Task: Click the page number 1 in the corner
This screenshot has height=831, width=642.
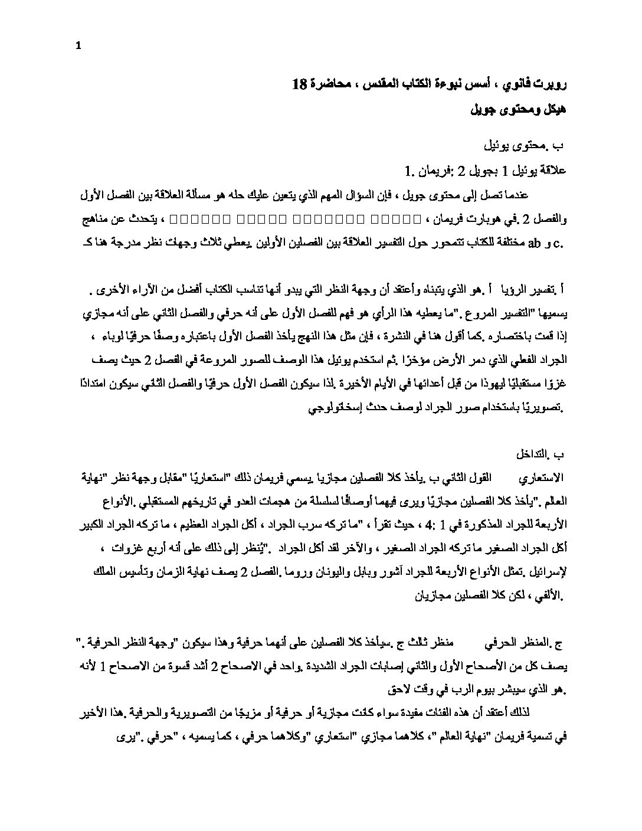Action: click(78, 16)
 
